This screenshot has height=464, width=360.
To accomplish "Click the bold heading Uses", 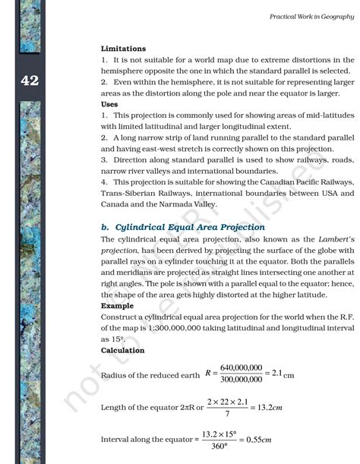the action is (109, 104).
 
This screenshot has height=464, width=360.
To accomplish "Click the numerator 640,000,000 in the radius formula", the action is (242, 367).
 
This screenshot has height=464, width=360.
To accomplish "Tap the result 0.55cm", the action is (255, 440).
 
